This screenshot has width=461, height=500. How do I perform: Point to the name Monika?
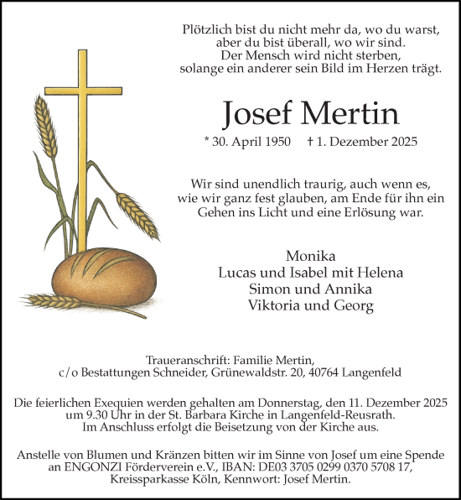coord(311,256)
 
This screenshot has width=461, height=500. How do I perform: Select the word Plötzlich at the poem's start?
coord(210,29)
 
